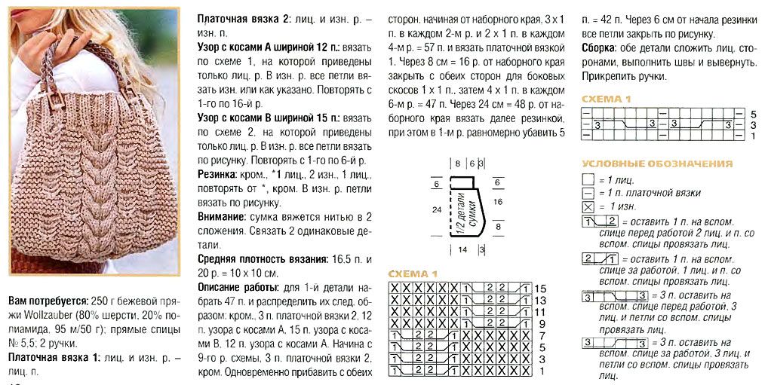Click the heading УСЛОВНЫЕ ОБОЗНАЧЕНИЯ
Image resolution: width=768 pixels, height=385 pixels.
pos(656,163)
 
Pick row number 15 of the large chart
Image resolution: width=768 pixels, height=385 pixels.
pos(540,289)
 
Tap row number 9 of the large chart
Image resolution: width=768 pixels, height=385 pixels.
pos(540,322)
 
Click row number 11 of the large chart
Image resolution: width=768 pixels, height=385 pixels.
pos(540,311)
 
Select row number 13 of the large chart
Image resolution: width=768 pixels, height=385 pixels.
pos(540,300)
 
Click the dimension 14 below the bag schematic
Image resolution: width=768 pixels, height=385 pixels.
pos(462,248)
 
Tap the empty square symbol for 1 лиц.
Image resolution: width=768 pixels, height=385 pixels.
pos(588,180)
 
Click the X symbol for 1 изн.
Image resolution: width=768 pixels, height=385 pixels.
pos(588,206)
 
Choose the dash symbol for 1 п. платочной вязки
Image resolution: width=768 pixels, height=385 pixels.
pos(588,193)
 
